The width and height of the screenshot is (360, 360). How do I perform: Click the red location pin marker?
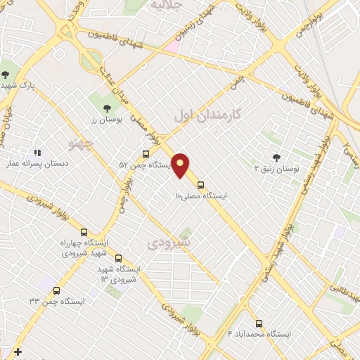point(181,165)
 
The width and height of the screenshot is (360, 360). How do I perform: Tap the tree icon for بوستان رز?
point(107,108)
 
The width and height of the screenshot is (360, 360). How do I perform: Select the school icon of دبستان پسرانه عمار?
point(37,152)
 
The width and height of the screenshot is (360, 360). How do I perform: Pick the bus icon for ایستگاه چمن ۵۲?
point(146,154)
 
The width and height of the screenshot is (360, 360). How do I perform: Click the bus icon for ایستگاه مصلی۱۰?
point(201,186)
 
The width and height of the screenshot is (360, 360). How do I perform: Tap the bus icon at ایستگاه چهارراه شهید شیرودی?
point(84,232)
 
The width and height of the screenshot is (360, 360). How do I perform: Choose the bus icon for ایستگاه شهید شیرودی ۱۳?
point(118,258)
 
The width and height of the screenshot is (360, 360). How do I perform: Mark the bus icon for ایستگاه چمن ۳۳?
point(56,290)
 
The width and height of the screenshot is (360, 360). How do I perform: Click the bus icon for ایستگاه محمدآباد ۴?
point(259,323)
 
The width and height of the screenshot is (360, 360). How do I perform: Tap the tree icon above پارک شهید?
point(6,74)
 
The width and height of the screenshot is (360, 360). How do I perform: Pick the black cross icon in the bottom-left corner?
point(18,352)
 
